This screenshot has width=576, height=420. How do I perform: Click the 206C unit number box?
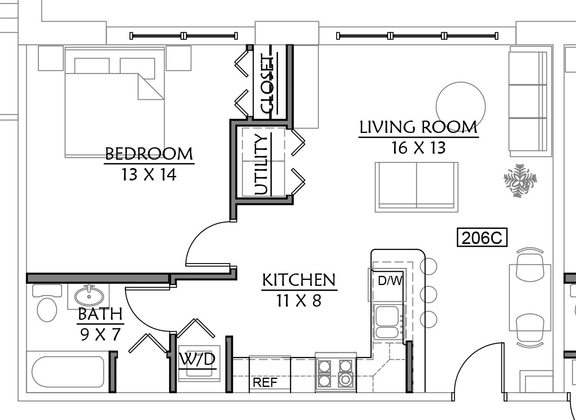[482, 237]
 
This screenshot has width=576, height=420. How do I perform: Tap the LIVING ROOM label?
[418, 127]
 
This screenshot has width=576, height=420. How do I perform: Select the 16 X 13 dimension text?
[418, 148]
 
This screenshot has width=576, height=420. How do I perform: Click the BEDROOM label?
[149, 154]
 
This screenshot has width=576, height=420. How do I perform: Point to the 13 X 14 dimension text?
[149, 174]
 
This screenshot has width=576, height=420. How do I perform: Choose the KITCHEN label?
[299, 280]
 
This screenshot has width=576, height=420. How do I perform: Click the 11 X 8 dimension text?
[299, 301]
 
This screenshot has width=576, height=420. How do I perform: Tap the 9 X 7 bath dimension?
[100, 334]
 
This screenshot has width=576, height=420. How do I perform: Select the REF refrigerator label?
[265, 382]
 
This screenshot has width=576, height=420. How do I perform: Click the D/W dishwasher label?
[390, 281]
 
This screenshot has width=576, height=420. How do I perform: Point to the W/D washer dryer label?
[197, 359]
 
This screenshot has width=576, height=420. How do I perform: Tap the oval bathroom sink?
[89, 295]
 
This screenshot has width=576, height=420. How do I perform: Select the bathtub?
[68, 372]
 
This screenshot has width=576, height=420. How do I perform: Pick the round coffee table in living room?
[461, 107]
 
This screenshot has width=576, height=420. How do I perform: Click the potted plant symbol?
[520, 181]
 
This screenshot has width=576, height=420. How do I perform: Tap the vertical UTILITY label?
[261, 164]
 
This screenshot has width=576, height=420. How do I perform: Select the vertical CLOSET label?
[266, 83]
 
